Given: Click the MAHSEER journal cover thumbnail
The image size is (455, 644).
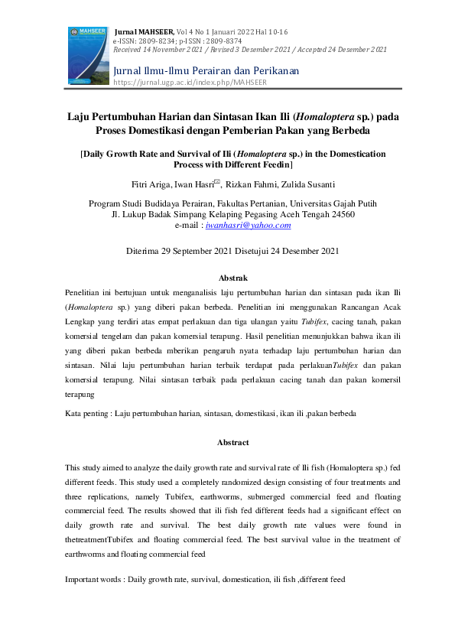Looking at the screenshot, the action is [x=86, y=54].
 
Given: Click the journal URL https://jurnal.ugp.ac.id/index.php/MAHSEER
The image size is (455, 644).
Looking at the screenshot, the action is [x=190, y=82].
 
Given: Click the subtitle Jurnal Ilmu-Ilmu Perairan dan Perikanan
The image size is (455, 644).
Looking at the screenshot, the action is [x=206, y=70].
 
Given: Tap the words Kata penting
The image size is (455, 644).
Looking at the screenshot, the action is [x=87, y=413].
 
